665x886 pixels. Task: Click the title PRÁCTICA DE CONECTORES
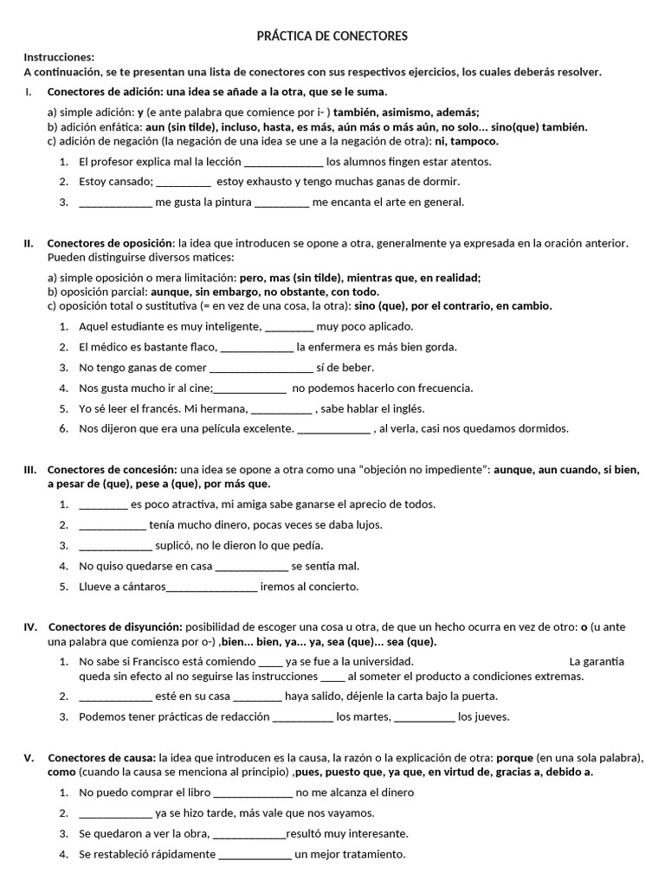coord(332,35)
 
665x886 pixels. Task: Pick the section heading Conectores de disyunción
coord(115,626)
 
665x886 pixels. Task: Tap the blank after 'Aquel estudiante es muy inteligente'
coord(288,327)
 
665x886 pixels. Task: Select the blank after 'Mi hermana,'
coord(281,409)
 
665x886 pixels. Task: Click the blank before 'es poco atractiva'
coord(103,504)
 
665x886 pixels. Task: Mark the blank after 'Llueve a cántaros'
coord(211,587)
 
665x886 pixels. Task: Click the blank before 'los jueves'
coord(424,716)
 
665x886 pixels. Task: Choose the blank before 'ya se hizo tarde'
coord(115,813)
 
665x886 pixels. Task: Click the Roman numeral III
coord(29,470)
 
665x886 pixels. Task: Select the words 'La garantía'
coord(597,662)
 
